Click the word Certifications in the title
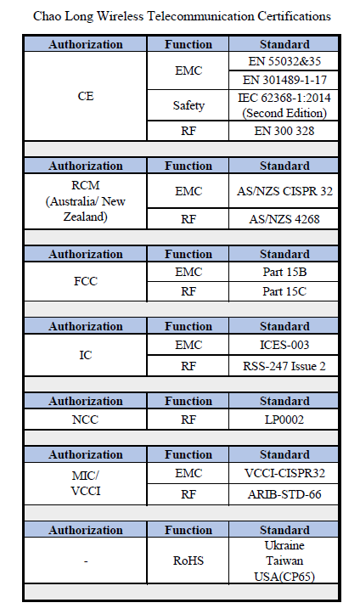(294, 16)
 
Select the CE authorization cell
(86, 96)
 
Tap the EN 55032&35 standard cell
(284, 61)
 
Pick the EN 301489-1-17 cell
(284, 81)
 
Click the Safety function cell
(188, 105)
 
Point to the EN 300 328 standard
(284, 131)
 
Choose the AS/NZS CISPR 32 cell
(284, 191)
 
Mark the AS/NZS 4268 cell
(284, 219)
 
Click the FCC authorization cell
(86, 282)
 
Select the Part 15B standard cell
(284, 272)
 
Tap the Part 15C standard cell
(284, 292)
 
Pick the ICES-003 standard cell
(284, 345)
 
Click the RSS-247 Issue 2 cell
(284, 366)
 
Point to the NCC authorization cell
(86, 420)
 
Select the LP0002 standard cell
(284, 420)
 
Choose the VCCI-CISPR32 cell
(284, 473)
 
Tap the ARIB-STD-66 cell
(284, 494)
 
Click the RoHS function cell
(188, 560)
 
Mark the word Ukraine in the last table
(284, 545)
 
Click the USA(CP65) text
(284, 577)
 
